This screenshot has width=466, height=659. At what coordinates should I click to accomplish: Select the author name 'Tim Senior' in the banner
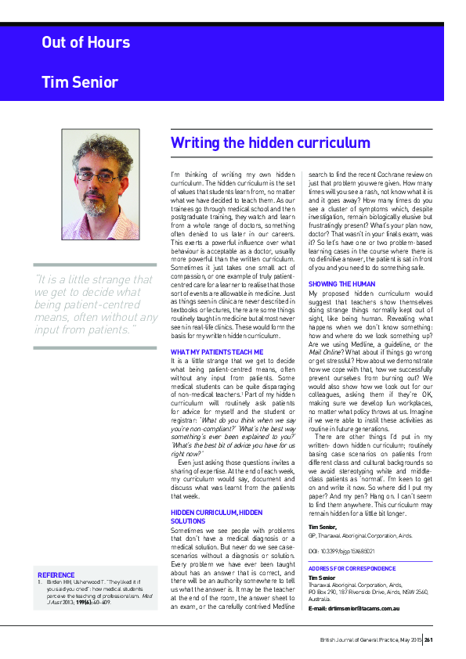pos(80,82)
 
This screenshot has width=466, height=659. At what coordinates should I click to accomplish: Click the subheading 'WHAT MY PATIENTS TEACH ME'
pos(217,352)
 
